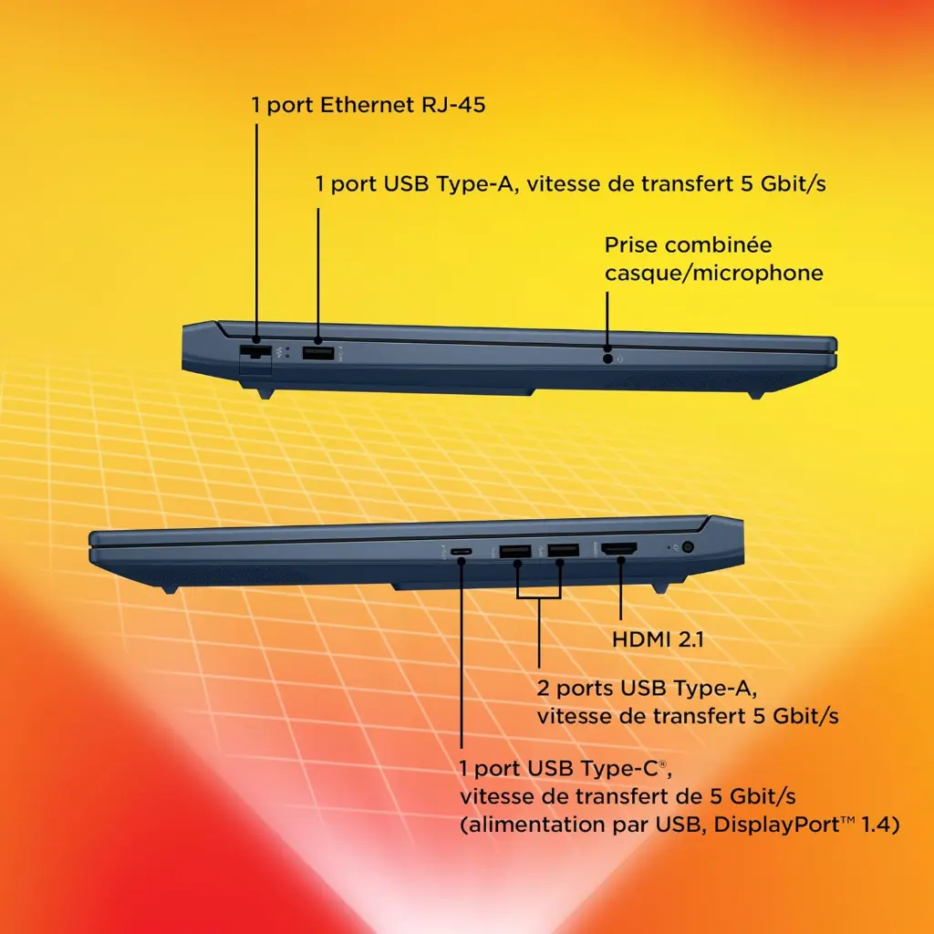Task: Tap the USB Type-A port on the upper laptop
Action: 317,353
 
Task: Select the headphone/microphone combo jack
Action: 607,358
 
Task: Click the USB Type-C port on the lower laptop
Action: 461,552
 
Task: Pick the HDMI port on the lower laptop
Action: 619,549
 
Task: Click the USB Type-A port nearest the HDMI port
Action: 563,550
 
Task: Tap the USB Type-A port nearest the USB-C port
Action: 515,551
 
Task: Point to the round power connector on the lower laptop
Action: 688,547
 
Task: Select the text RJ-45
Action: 453,105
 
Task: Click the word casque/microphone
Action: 713,274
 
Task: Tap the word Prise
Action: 631,244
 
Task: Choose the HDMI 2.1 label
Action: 658,639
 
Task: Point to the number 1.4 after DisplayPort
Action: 876,825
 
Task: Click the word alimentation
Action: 538,825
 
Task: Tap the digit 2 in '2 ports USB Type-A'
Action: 543,689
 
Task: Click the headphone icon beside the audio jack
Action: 620,359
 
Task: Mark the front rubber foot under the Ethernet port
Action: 265,393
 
